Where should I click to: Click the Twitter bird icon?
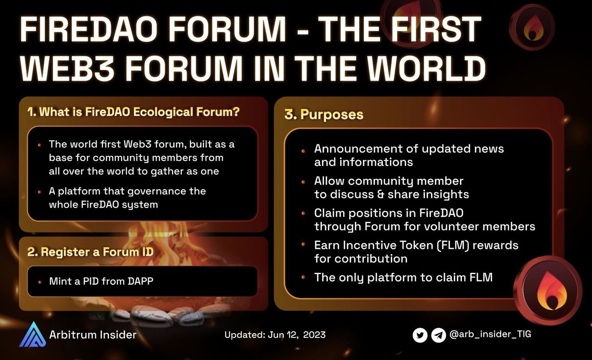click(x=420, y=335)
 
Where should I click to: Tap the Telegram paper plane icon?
click(x=438, y=335)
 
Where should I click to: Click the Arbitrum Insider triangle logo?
click(x=33, y=334)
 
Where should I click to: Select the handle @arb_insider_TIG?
click(x=490, y=334)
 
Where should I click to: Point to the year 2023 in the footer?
click(x=314, y=335)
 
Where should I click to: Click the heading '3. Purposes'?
click(x=324, y=115)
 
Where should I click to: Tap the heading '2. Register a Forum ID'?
click(x=90, y=252)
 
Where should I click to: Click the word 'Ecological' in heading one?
click(x=163, y=112)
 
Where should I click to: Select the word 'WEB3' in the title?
click(x=68, y=67)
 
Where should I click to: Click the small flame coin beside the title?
click(x=532, y=26)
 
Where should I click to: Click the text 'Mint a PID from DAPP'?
click(x=101, y=281)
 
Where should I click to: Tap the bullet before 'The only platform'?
click(x=303, y=277)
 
